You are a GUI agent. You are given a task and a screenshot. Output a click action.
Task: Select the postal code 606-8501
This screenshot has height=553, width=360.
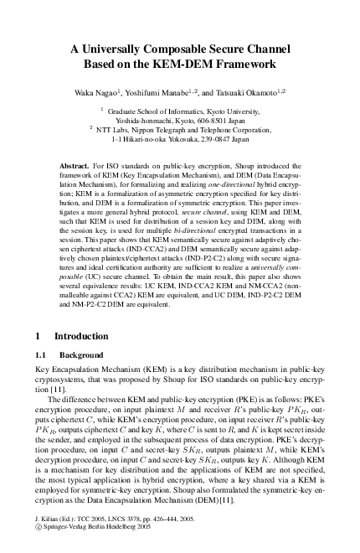click(x=199, y=120)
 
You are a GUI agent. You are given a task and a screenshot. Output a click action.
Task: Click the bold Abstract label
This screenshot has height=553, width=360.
click(x=76, y=167)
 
